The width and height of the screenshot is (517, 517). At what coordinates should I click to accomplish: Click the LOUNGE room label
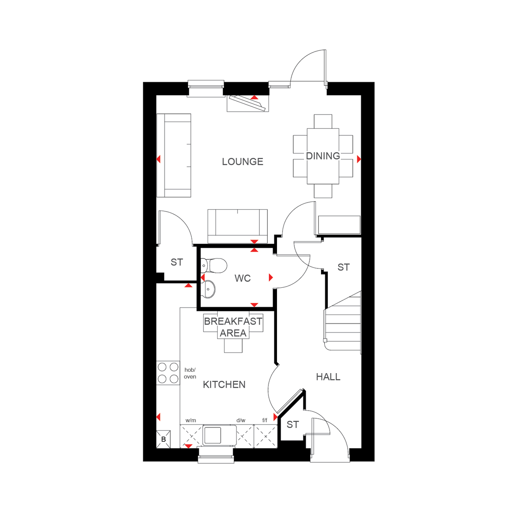click(x=243, y=162)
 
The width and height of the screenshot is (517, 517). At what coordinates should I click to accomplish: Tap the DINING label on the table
click(x=323, y=156)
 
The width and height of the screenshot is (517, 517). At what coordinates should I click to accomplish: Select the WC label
click(x=243, y=278)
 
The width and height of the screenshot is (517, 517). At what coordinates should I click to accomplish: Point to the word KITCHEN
click(x=224, y=384)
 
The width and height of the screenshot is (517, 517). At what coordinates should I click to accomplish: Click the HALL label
click(x=328, y=377)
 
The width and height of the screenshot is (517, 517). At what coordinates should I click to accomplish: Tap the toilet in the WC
click(x=214, y=265)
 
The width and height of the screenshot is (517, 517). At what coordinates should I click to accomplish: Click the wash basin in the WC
click(x=209, y=289)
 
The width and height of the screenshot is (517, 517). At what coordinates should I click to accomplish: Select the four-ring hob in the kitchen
click(x=168, y=373)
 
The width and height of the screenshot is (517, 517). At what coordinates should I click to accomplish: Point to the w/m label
click(x=190, y=420)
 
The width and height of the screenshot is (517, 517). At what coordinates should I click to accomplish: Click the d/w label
click(x=241, y=420)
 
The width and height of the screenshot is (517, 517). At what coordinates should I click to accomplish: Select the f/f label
click(x=265, y=420)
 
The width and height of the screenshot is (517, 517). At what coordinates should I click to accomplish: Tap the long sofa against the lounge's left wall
click(x=174, y=156)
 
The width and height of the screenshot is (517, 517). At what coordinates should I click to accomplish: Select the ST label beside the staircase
click(x=343, y=268)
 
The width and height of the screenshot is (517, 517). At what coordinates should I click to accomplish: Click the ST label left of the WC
click(x=177, y=262)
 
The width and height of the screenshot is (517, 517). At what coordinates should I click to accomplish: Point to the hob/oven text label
click(x=190, y=373)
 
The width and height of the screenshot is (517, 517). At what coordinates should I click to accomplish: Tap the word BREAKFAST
click(x=233, y=321)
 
